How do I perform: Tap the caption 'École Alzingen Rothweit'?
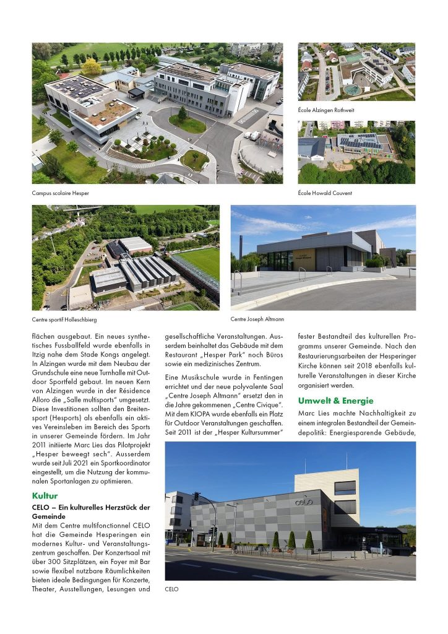327,110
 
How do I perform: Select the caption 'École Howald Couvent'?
325,193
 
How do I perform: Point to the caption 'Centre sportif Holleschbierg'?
64,319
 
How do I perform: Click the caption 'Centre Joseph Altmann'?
257,319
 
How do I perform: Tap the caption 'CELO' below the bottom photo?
171,589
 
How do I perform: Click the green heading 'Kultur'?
45,495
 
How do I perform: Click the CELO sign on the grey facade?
303,502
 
